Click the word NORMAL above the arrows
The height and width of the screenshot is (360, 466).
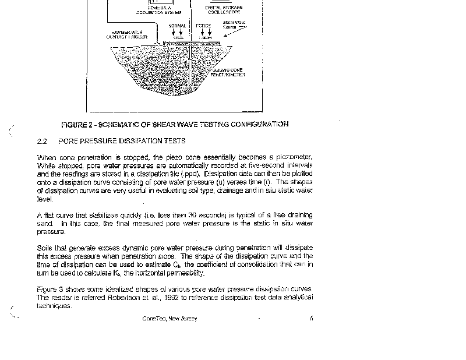(177, 26)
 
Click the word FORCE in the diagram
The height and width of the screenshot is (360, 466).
(204, 26)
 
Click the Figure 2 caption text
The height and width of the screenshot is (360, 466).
(175, 124)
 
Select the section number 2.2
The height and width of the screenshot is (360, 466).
(41, 141)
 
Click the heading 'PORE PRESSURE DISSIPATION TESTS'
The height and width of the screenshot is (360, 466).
(122, 141)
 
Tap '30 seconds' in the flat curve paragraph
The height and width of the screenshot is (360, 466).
(211, 216)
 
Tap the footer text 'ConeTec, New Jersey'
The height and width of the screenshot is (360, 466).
(170, 319)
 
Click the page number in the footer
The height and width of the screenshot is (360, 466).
(312, 319)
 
